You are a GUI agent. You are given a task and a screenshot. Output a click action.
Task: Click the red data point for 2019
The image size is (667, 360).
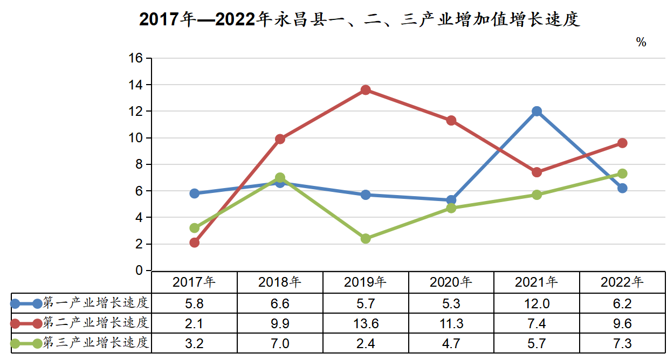[x=366, y=90]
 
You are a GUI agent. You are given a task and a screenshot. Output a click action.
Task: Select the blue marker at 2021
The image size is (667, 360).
[x=537, y=112]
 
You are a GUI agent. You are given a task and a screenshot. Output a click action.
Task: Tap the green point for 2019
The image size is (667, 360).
[x=366, y=238]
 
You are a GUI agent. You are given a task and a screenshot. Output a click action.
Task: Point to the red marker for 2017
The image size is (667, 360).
[x=195, y=243]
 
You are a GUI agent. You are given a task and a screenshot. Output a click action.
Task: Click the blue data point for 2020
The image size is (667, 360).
[x=451, y=200]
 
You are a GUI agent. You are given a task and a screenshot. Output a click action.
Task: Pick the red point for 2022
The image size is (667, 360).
[x=622, y=143]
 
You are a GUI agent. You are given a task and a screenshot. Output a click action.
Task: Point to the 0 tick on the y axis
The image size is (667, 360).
[x=140, y=271]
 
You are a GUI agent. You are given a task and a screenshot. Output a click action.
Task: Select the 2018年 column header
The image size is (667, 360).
[x=280, y=282]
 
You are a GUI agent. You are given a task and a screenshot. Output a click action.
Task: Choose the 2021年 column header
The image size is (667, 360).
[x=537, y=282]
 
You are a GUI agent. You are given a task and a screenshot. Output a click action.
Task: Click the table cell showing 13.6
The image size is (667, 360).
[x=366, y=323]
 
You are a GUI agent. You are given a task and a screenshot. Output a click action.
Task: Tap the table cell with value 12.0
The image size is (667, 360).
[x=537, y=303]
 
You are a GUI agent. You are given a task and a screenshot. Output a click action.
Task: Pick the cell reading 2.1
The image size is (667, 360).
[x=195, y=323]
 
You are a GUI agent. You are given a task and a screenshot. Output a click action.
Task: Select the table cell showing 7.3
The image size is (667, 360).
[x=622, y=343]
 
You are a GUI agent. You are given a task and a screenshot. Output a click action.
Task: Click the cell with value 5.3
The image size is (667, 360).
[x=451, y=303]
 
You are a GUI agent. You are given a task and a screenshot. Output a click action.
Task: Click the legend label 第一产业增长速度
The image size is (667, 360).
[x=95, y=303]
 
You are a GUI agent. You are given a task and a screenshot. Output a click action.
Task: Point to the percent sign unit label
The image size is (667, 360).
[x=641, y=42]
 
